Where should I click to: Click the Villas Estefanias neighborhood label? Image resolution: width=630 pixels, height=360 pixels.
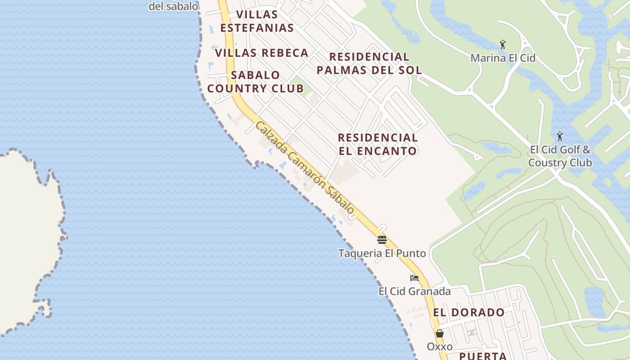257,21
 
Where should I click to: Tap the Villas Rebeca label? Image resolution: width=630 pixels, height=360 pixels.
261,53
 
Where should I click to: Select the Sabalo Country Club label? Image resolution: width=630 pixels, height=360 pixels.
256,81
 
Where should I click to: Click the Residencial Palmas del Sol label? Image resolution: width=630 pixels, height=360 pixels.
369,63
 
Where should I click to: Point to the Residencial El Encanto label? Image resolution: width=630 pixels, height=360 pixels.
378,144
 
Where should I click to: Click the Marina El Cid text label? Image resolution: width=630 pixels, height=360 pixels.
503,58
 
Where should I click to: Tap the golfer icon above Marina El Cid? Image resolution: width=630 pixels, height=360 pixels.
503,45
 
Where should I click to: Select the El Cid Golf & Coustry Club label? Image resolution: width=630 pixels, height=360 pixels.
560,156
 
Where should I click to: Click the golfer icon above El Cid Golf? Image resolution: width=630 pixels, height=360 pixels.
560,136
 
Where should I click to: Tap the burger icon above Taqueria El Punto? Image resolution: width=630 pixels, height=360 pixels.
382,239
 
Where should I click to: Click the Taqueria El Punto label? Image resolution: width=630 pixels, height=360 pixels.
382,253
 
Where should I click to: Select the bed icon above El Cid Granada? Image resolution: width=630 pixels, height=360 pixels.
414,278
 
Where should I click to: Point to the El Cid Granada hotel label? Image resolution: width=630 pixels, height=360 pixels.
414,291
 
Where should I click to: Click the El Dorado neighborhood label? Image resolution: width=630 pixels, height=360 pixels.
469,312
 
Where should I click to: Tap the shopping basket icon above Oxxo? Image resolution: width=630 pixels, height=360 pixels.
440,333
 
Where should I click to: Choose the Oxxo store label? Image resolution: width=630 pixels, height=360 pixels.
440,347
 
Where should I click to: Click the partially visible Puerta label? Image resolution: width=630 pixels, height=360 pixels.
483,356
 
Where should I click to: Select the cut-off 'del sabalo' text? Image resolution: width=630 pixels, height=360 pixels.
173,6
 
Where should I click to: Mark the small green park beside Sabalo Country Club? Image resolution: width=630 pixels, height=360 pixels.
297,84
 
